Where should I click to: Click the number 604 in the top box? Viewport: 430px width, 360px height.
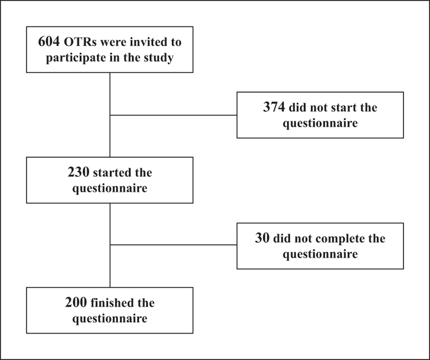coord(49,42)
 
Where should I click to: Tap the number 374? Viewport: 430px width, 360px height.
coord(274,107)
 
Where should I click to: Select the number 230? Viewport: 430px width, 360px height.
coord(79,172)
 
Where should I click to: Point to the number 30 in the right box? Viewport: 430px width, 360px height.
coord(262,238)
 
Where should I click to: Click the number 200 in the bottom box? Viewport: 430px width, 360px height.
coord(76,302)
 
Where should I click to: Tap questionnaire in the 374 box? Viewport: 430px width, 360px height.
coord(320,123)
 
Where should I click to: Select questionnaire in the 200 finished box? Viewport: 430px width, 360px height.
coord(110,319)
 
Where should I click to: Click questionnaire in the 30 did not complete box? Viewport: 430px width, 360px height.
coord(320,254)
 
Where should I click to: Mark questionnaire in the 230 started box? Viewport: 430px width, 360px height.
coord(110,189)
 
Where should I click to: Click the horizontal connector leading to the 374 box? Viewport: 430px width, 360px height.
coord(173,115)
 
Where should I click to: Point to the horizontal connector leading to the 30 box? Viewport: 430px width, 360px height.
coord(173,245)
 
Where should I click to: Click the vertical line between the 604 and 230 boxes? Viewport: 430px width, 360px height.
coord(110,115)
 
